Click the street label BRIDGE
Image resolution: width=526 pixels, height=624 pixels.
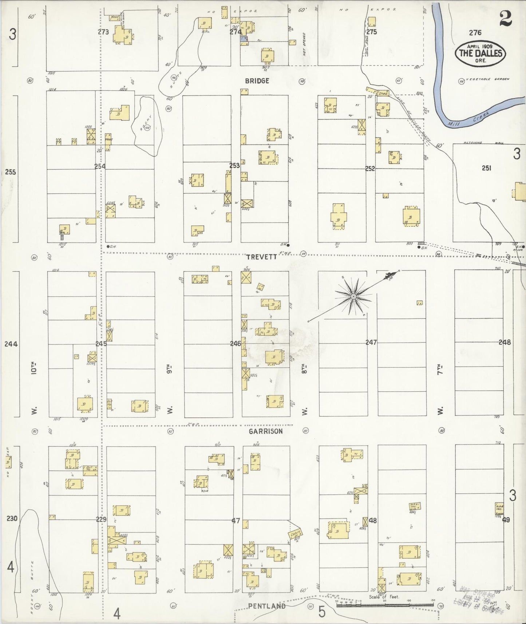click(257, 81)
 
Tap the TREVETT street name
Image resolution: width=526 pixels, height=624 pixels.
click(261, 257)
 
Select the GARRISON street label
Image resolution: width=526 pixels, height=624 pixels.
click(266, 431)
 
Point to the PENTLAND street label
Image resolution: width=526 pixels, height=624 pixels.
click(267, 606)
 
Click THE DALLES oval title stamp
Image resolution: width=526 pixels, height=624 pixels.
click(480, 53)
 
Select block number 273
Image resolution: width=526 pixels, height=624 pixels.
click(103, 32)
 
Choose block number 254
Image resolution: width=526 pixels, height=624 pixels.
click(100, 166)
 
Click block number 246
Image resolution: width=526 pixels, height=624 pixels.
click(236, 343)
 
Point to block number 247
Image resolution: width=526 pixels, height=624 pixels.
click(371, 342)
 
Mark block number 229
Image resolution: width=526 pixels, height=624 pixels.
click(101, 519)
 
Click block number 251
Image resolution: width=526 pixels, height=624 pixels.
click(486, 168)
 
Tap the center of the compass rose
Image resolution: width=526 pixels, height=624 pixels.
click(353, 297)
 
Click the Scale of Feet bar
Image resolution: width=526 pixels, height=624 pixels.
click(384, 605)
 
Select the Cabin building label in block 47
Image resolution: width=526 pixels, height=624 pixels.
click(294, 534)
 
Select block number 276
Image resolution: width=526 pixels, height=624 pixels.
click(475, 32)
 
